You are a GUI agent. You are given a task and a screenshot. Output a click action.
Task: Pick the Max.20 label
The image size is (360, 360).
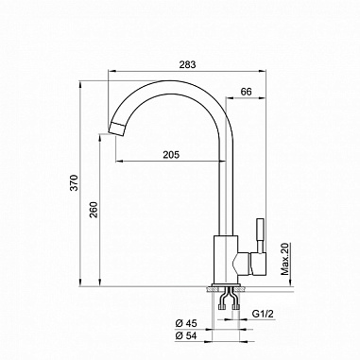(283, 256)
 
